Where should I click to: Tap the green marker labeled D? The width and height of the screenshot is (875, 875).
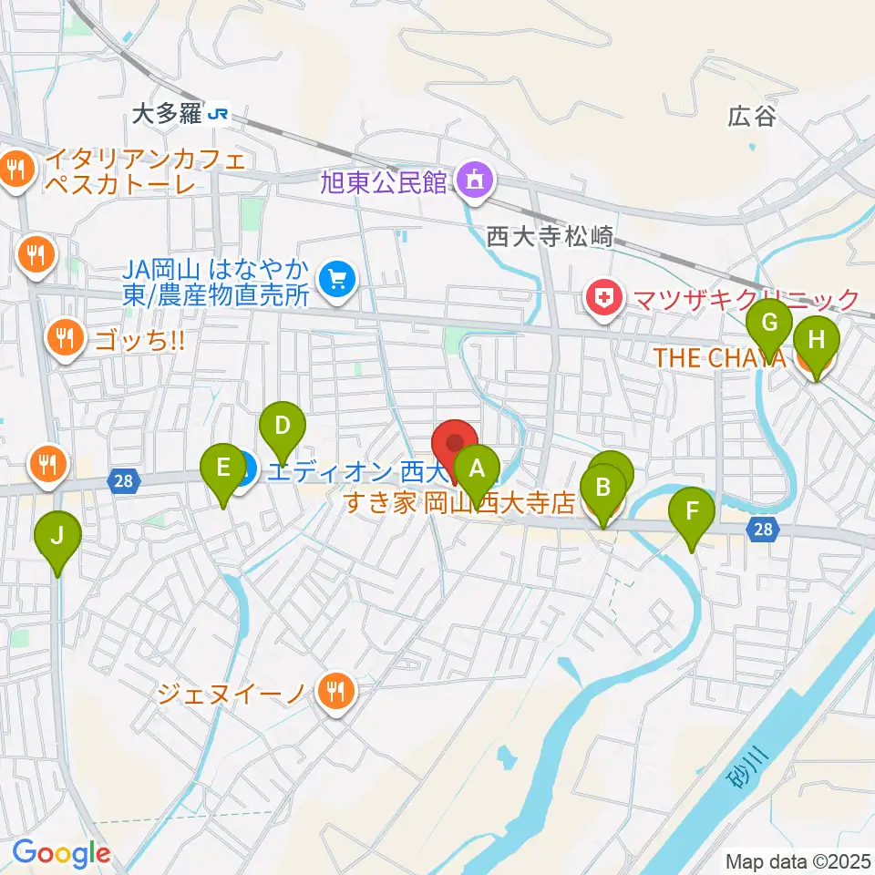click(283, 425)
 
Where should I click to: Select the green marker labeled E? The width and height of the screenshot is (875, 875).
click(222, 468)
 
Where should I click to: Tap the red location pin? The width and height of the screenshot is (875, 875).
click(454, 442)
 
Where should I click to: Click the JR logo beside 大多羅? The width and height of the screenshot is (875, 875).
click(219, 114)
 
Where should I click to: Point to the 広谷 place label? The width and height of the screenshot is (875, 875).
click(751, 117)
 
